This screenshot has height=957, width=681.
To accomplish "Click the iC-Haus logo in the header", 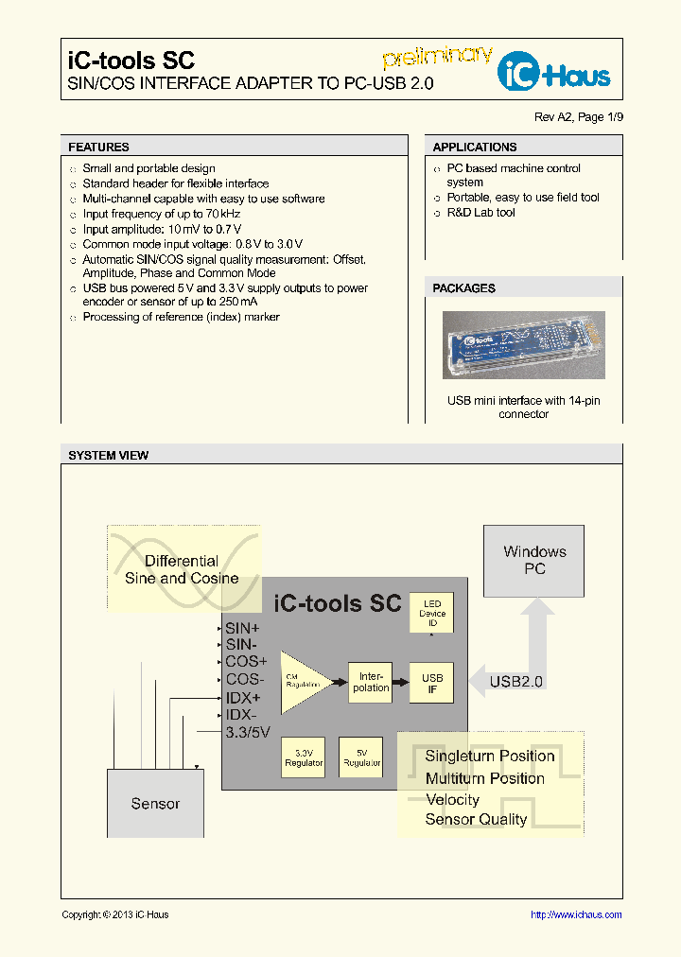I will tap(555, 71).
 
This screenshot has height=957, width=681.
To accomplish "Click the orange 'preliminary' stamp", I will tap(437, 57).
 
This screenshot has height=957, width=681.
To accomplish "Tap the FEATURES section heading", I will tap(98, 148).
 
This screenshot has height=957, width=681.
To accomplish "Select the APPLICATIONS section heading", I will tap(475, 148).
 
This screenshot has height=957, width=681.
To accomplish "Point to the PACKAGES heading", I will tap(463, 288).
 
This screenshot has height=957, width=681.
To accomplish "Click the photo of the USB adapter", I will tap(523, 345).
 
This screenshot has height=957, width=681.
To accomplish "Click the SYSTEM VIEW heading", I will tap(108, 456).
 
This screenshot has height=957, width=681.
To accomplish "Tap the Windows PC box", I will tap(534, 561).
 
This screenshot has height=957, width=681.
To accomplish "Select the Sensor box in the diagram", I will tap(155, 804).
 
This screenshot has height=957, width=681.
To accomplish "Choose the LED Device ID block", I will tap(432, 614).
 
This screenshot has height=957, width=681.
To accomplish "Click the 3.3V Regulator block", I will tap(304, 757).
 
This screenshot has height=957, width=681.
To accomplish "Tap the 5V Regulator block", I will tap(361, 757).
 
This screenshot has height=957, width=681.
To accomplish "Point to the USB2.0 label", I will tap(515, 681).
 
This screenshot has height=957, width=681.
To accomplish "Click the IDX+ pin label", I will tap(243, 697).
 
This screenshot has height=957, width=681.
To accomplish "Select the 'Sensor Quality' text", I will tap(476, 820).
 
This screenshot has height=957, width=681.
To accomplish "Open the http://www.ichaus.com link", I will tap(576, 914).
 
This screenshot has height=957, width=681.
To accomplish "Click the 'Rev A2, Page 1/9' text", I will tap(579, 117).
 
